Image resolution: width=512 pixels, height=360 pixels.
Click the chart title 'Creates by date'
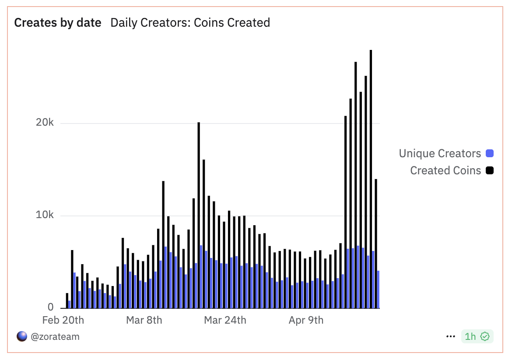(58, 22)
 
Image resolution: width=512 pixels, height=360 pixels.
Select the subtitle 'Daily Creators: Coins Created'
(190, 22)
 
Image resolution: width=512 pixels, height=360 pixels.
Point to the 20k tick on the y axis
(45, 123)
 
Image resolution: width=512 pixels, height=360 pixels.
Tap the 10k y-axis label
(45, 215)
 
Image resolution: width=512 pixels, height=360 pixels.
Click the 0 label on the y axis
(51, 307)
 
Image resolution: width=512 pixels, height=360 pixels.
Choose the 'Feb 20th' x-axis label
(63, 320)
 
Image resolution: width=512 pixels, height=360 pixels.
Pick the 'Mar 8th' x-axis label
(144, 320)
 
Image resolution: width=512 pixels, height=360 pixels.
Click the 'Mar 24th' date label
(225, 320)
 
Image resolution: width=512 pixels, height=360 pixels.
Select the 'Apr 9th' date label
(306, 320)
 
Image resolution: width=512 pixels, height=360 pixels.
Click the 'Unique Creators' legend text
(439, 154)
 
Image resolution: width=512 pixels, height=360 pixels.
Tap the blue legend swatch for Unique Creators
(490, 154)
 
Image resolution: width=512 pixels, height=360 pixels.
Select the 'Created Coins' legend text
(445, 170)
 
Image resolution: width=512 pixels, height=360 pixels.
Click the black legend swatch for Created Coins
(490, 170)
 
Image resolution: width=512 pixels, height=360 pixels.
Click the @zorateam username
(55, 336)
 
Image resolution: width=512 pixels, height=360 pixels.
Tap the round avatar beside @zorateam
(22, 336)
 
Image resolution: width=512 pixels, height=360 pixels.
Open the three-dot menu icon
(451, 336)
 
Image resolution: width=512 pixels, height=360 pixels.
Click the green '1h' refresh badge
(477, 336)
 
